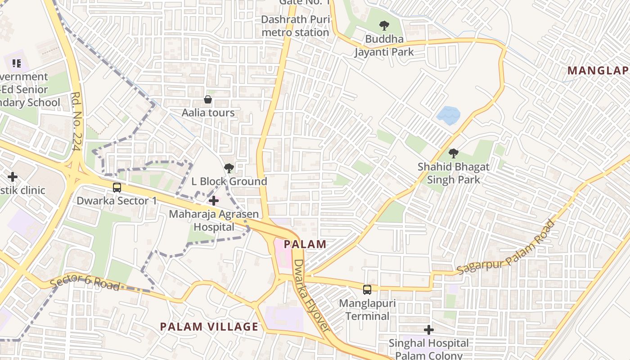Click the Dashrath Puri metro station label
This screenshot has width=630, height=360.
295,26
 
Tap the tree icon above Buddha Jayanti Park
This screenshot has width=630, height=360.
384,26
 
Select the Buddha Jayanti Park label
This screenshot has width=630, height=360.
384,45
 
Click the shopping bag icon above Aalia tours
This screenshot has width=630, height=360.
208,99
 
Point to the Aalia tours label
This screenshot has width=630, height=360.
208,112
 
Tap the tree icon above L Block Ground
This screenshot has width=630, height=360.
229,168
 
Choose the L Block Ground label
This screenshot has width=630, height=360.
229,181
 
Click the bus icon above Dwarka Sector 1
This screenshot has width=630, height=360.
117,187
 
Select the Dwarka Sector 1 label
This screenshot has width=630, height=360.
117,201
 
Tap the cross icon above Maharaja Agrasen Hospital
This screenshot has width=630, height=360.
214,200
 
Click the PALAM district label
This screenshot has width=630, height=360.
306,244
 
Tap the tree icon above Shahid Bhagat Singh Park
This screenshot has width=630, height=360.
453,153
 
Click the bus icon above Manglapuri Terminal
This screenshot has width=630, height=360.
367,289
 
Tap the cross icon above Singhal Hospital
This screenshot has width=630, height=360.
429,330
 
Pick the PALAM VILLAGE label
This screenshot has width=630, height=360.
209,327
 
